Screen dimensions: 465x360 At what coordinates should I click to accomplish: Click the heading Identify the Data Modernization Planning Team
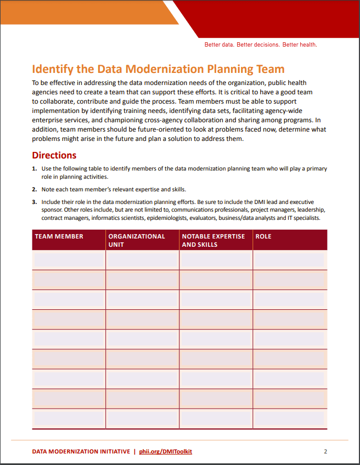[158, 69]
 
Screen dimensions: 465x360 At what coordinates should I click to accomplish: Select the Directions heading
[54, 155]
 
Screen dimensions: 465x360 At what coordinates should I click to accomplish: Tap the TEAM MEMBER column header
[59, 236]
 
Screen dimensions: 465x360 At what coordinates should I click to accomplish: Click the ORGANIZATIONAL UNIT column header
[137, 240]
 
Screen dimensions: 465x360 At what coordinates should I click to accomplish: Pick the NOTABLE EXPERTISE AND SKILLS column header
[213, 240]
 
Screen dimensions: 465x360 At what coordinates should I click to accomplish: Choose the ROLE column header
[263, 236]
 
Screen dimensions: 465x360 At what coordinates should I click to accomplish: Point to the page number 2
[325, 451]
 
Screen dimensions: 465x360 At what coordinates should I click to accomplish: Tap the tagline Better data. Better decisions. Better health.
[261, 44]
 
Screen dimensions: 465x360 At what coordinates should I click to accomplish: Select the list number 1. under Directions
[35, 169]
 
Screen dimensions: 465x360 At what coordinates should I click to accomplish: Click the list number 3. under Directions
[35, 202]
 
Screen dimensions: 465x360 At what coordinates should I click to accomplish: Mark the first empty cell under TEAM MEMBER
[69, 259]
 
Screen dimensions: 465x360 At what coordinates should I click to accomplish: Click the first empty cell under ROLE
[290, 259]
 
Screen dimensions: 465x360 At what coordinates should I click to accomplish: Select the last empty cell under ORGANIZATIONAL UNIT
[142, 418]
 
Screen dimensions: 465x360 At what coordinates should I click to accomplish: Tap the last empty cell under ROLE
[290, 418]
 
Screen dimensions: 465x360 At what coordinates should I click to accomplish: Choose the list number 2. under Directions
[35, 189]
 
